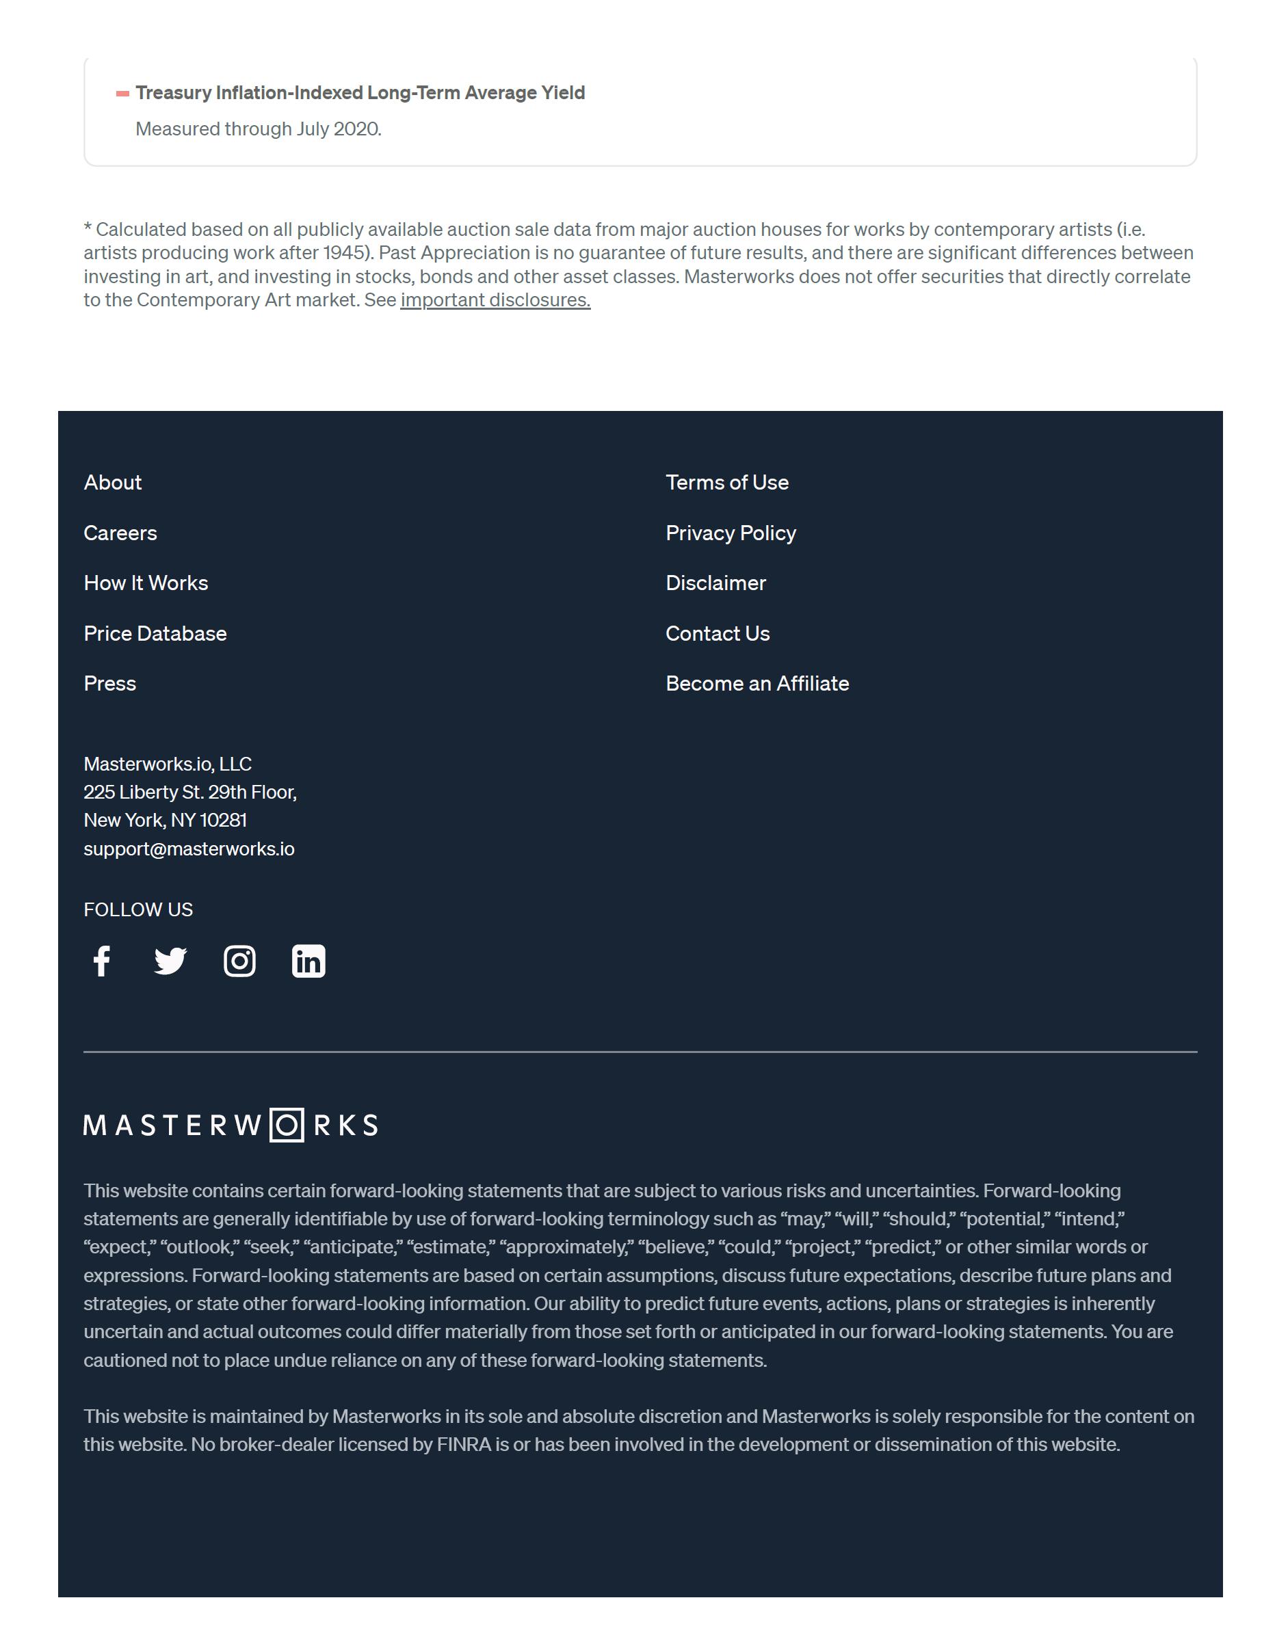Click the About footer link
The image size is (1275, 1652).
coord(113,483)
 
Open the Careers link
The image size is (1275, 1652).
coord(120,533)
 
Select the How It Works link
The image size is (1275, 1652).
coord(146,583)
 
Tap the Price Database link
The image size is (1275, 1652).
coord(155,634)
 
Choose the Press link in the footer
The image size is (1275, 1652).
coord(109,684)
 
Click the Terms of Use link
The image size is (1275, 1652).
coord(726,483)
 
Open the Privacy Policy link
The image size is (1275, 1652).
coord(731,533)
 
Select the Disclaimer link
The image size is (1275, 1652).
coord(715,583)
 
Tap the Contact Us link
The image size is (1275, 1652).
coord(718,634)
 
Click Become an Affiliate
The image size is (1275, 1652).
coord(757,684)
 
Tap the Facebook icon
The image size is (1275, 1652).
coord(102,961)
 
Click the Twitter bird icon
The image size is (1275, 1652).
coord(170,961)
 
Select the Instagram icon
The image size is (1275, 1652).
coord(240,961)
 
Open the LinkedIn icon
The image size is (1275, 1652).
coord(308,961)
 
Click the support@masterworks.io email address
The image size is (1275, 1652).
coord(189,849)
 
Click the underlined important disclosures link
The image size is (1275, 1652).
coord(495,300)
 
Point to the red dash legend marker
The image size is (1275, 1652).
coord(122,94)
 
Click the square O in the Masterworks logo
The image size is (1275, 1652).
coord(287,1125)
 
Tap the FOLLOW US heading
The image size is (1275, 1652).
coord(138,910)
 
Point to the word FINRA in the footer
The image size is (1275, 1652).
coord(464,1445)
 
